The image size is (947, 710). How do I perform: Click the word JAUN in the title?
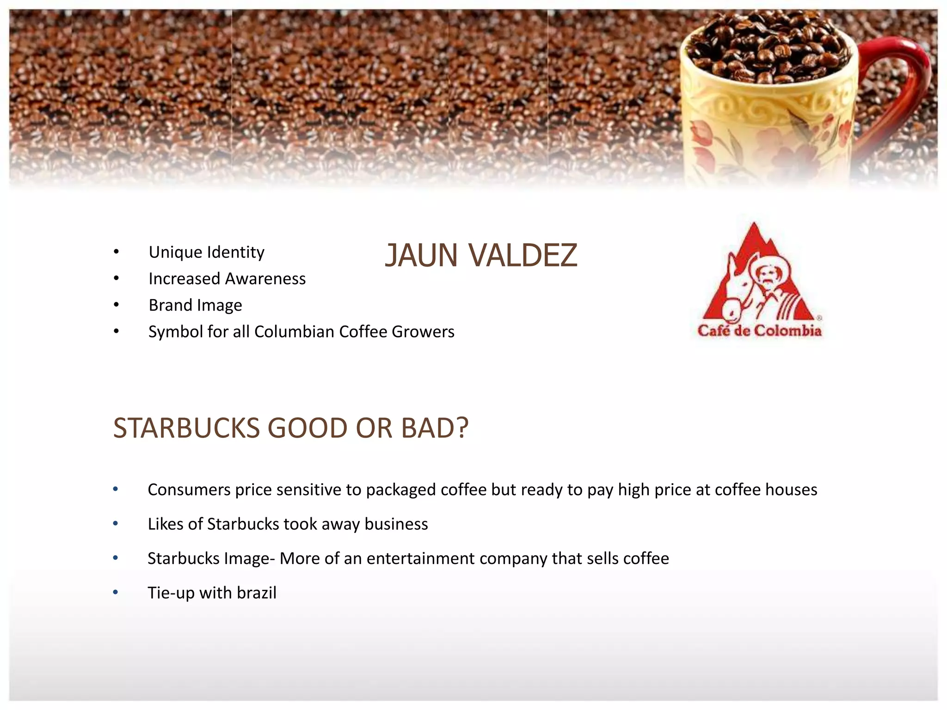[x=421, y=255]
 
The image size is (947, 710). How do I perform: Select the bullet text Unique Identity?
[x=206, y=252]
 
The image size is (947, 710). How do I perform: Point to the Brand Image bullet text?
[x=195, y=305]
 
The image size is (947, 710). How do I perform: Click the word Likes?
[x=165, y=524]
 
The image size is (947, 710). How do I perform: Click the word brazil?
[x=256, y=593]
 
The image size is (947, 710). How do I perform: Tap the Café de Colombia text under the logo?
[x=759, y=331]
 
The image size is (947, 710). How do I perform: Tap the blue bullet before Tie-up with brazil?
[x=116, y=592]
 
